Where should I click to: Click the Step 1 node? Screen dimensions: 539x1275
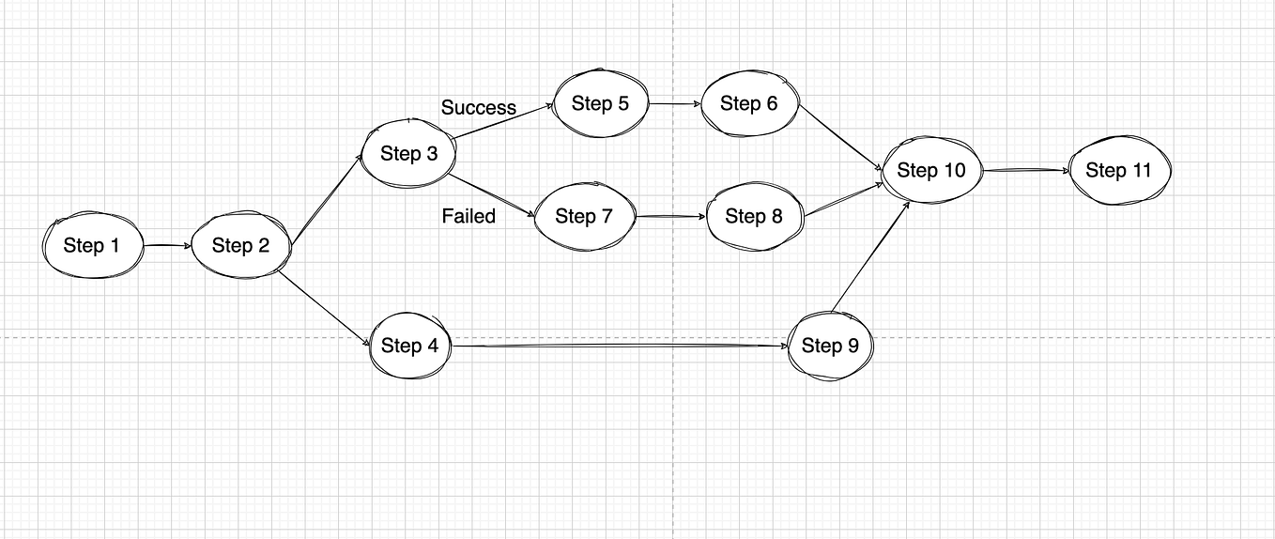pos(92,246)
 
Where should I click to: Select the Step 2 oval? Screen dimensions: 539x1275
pos(240,246)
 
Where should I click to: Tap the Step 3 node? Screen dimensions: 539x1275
pos(408,153)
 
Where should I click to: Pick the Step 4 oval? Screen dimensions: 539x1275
pos(409,346)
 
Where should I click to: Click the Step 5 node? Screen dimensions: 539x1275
pos(600,103)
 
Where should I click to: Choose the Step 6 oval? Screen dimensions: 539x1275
pos(749,103)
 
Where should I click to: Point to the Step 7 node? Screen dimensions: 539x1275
pos(583,217)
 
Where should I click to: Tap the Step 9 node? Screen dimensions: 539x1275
pos(830,346)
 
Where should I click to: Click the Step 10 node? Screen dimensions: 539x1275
pos(930,170)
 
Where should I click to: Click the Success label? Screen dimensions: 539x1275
pos(479,107)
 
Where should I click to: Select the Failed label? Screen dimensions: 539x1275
pos(469,216)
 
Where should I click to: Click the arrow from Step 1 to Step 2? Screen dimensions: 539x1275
pos(167,246)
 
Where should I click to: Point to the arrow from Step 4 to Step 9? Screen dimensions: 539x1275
pos(620,346)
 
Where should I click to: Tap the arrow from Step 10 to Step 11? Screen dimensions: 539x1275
pos(1025,170)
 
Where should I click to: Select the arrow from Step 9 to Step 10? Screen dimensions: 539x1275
pos(870,256)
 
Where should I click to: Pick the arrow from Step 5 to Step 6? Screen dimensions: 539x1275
pos(674,103)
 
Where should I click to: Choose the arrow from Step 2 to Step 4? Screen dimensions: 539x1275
pos(325,306)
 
